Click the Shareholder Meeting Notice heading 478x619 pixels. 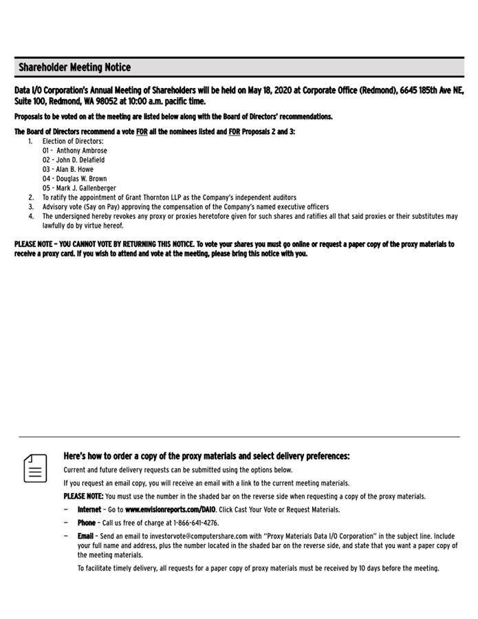tap(74, 67)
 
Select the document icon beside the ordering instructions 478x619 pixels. tap(36, 468)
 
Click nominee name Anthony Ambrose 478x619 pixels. tap(82, 151)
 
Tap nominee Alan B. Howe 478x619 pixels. tap(74, 169)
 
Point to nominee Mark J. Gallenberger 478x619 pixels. tap(86, 188)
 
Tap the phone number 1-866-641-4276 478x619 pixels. tap(196, 523)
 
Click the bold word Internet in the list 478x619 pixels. tap(89, 510)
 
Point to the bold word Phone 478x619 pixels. tap(86, 523)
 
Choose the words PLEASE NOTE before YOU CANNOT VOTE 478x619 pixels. tap(33, 244)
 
